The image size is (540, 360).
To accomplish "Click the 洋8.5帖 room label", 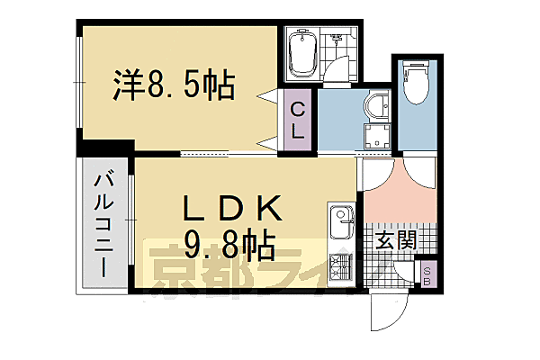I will (x=175, y=86).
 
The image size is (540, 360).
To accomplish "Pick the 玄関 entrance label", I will (x=395, y=240).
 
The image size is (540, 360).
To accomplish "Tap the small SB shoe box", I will (x=427, y=274).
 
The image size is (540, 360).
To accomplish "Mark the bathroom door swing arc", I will (x=338, y=72).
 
